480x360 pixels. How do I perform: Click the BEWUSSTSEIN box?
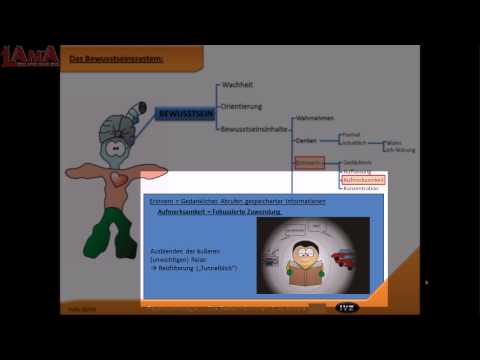click(181, 116)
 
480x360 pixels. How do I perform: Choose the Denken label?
click(307, 141)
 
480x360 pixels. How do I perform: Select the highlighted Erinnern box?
click(309, 161)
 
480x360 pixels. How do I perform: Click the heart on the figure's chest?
click(118, 179)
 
